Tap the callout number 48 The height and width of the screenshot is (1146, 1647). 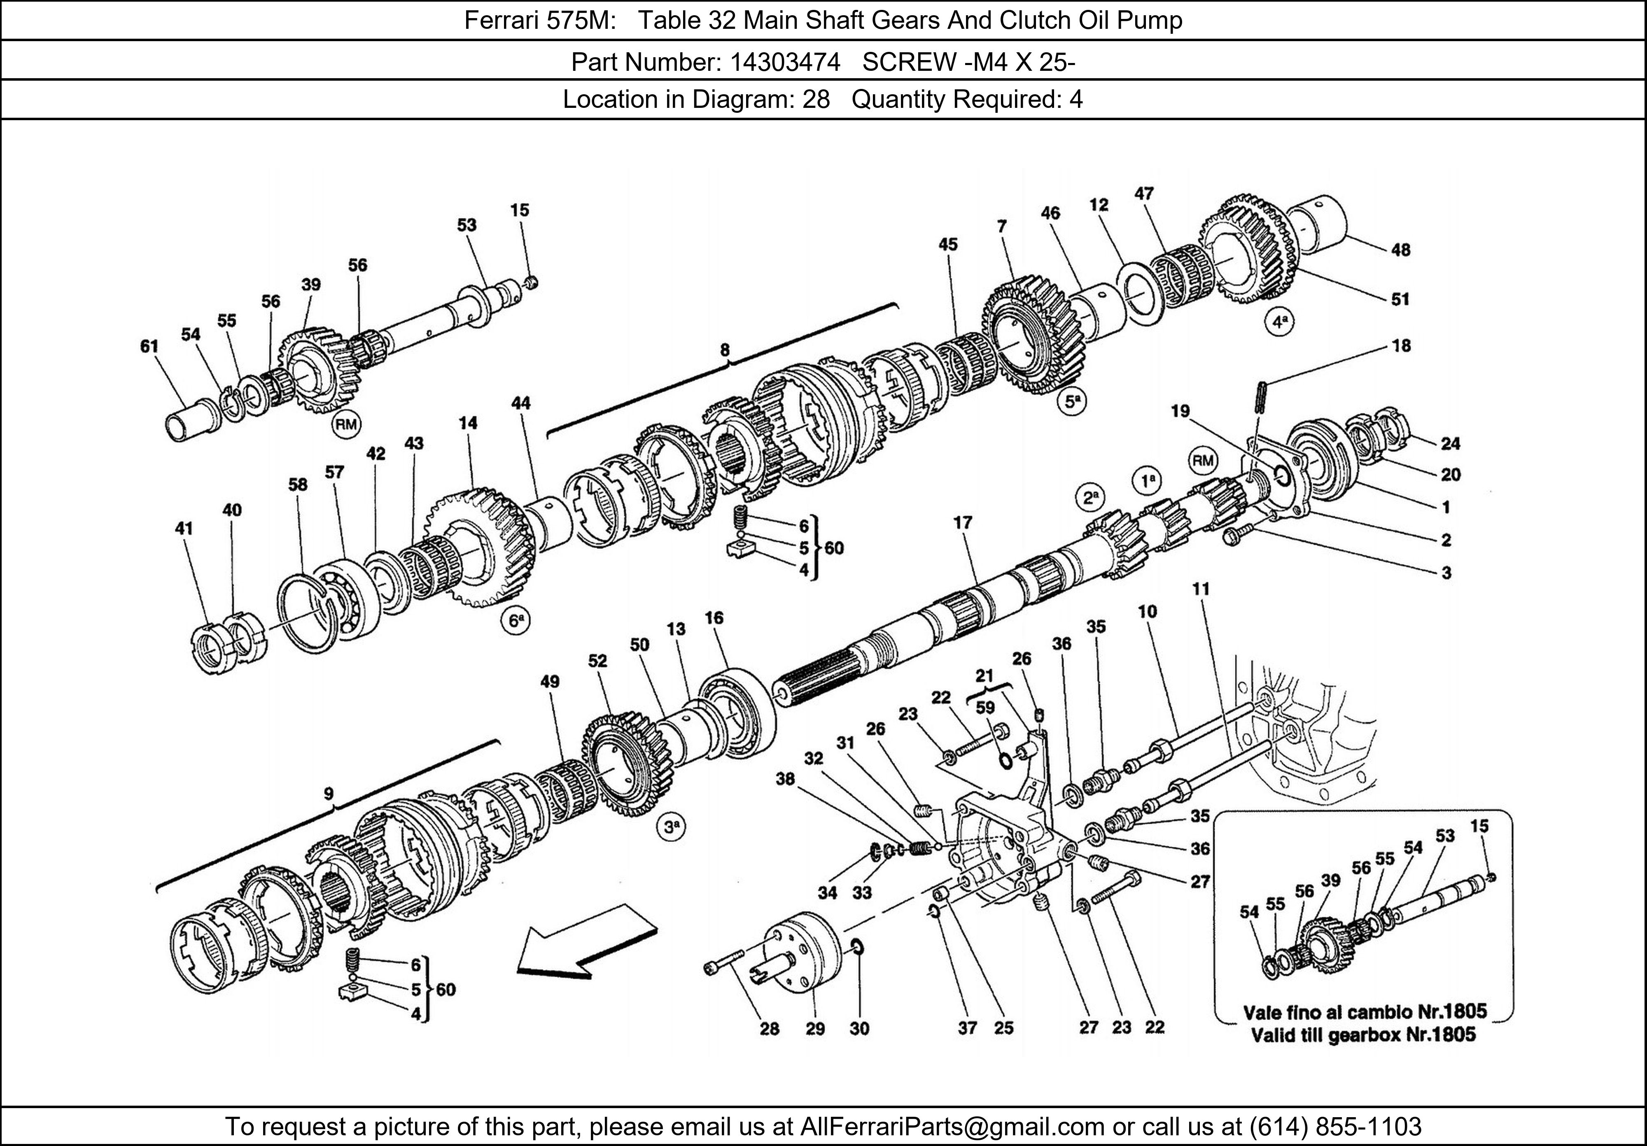pos(1400,249)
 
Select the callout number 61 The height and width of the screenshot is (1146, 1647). pos(149,346)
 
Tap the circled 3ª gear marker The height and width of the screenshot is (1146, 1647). pos(671,827)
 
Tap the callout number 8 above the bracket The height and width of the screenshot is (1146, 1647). pos(725,350)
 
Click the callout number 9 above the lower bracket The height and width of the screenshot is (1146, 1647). pos(329,793)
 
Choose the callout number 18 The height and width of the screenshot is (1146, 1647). pos(1401,346)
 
